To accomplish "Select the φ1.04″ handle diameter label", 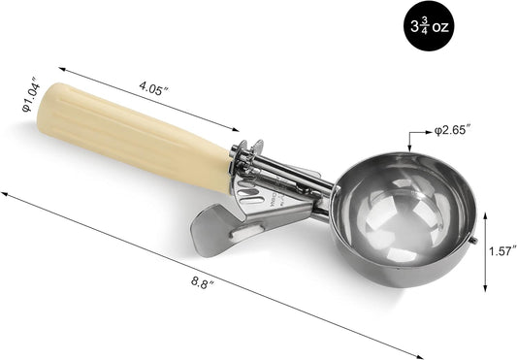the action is pyautogui.click(x=31, y=94).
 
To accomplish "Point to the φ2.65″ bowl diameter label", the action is pyautogui.click(x=452, y=130).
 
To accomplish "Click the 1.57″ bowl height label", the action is pyautogui.click(x=501, y=251).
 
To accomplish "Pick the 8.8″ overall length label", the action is pyautogui.click(x=203, y=282).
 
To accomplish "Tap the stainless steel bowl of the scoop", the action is pyautogui.click(x=405, y=219).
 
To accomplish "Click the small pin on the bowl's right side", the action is pyautogui.click(x=473, y=240).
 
